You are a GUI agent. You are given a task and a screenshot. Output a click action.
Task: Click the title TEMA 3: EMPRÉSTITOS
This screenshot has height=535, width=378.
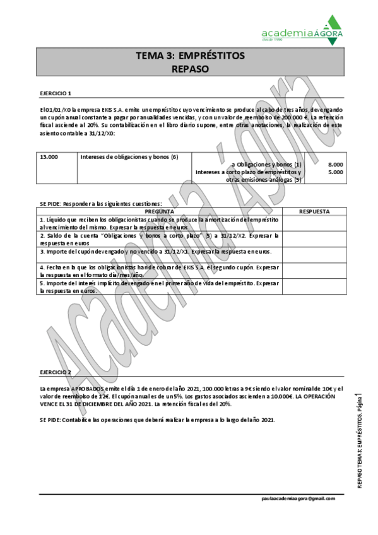pos(190,56)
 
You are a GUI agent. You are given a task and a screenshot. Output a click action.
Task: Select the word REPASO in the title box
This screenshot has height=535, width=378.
pos(190,69)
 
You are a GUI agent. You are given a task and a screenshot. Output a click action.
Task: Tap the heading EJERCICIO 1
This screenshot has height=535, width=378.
pos(56,93)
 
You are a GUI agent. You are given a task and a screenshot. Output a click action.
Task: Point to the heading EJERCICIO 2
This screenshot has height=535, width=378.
pos(56,373)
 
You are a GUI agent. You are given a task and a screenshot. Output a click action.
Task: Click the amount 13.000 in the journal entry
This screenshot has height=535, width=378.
pos(49,156)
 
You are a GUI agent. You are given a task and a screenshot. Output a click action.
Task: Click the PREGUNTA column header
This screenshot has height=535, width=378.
pos(160,211)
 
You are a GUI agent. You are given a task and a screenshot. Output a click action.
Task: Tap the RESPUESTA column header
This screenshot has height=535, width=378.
pos(314,211)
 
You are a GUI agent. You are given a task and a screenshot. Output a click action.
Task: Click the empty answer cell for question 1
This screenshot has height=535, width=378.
pos(314,223)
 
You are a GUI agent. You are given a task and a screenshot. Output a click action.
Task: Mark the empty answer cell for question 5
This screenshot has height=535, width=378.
pos(314,288)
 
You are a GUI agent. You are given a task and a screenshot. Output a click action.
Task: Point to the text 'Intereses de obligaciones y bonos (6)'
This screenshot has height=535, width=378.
pos(129,156)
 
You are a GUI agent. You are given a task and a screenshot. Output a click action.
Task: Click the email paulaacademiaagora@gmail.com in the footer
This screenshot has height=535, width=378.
pos(298,498)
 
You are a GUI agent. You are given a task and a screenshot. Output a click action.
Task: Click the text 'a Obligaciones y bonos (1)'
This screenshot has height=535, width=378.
pos(267,164)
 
